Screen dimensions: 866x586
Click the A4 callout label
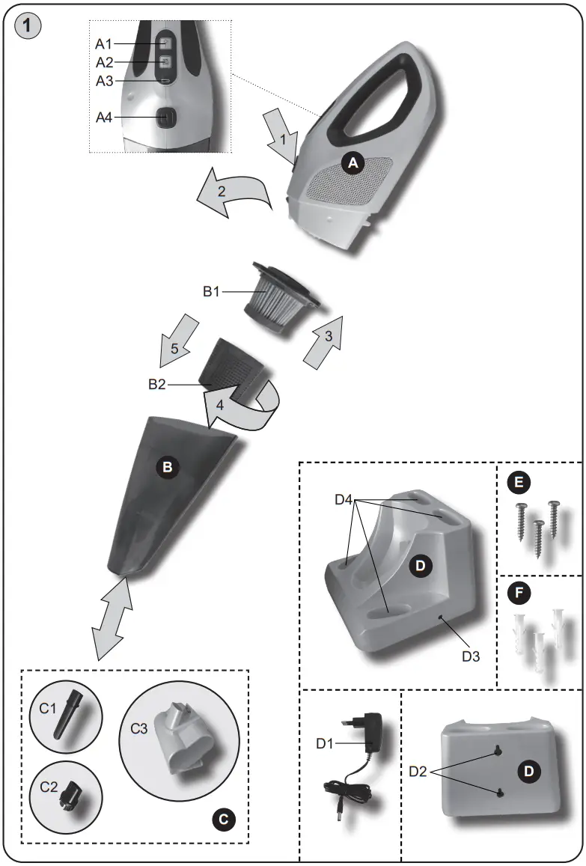click(106, 117)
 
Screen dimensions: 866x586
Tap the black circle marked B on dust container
click(166, 467)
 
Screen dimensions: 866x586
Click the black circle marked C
click(222, 820)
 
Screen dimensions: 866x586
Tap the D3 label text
click(470, 656)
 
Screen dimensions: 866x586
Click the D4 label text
click(344, 498)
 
